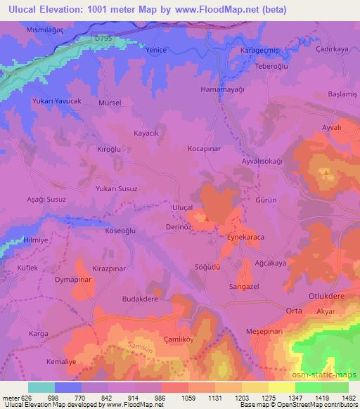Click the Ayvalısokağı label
point(262,161)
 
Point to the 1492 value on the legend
point(349,398)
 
